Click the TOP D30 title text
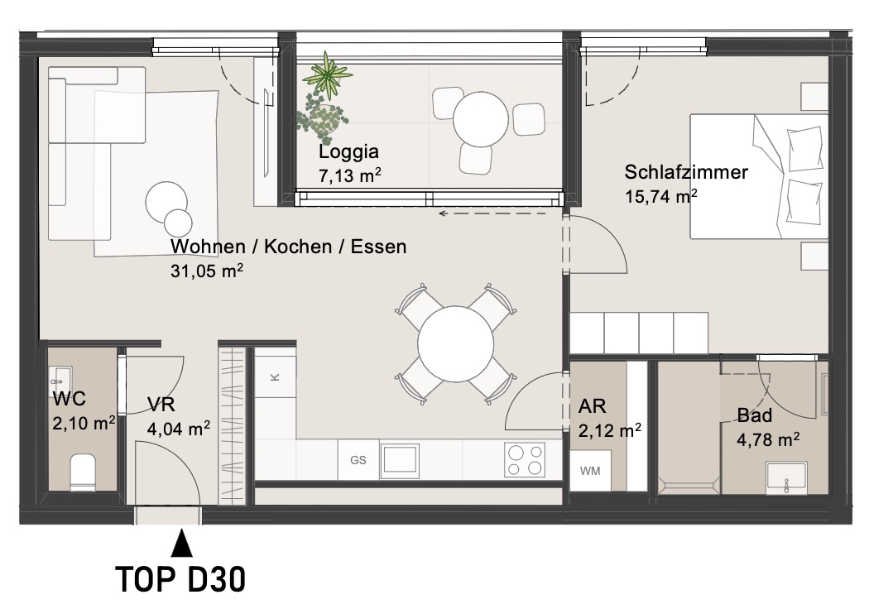coord(180,580)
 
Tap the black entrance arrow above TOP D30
coord(181,543)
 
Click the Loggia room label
coord(348,151)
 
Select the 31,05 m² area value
coord(207,271)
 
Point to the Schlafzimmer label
coord(686,172)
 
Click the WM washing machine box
coord(590,470)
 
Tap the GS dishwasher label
coord(358,460)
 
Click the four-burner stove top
coord(524,460)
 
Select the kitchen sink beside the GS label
coord(400,460)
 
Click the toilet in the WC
coord(83,472)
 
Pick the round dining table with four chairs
coord(455,343)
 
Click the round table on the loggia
coord(481,119)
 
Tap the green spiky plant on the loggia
coord(328,75)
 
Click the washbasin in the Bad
coord(786,477)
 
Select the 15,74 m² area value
coord(660,196)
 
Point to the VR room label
coord(161,405)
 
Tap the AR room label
coord(592,406)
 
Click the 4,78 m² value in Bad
coord(767,439)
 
